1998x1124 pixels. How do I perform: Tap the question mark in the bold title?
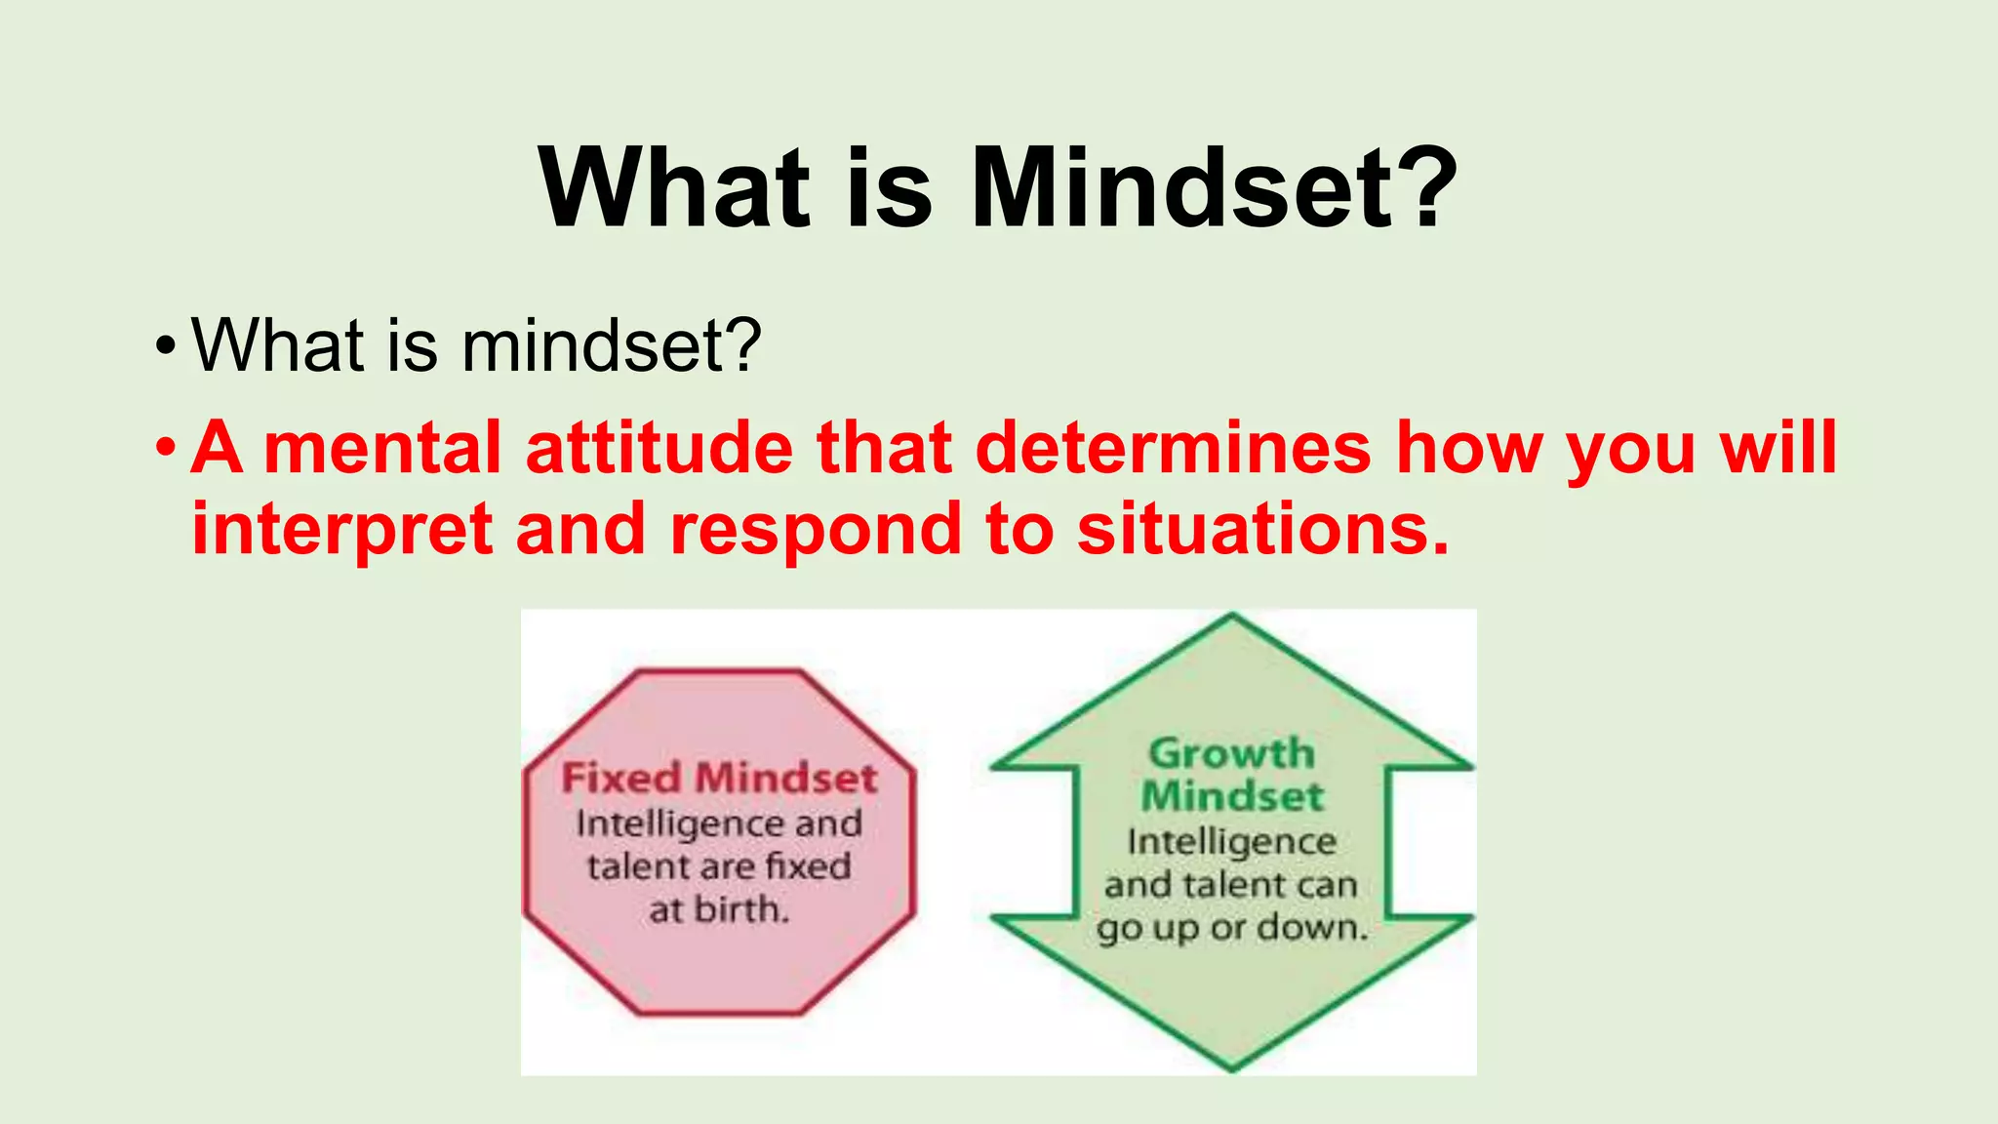[x=1425, y=187]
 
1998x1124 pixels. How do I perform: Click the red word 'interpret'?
[x=341, y=531]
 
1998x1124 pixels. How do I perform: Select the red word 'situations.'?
[x=1263, y=529]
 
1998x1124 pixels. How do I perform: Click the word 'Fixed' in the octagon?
[x=621, y=779]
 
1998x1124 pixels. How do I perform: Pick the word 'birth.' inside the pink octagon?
[x=740, y=910]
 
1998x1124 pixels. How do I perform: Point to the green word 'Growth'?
[x=1232, y=753]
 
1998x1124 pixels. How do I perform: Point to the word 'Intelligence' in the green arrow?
[x=1232, y=841]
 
